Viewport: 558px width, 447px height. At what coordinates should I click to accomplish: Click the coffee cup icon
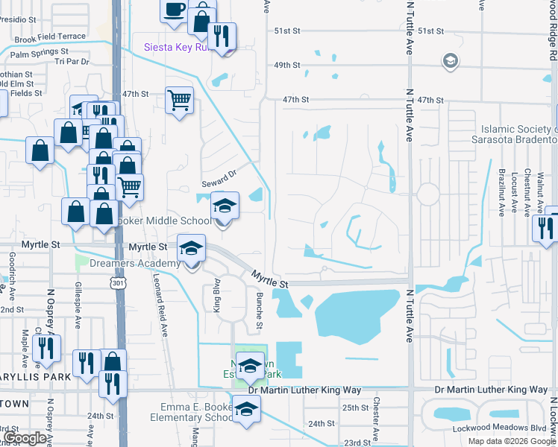pyautogui.click(x=174, y=11)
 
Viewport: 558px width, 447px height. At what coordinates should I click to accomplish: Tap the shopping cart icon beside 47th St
pyautogui.click(x=180, y=99)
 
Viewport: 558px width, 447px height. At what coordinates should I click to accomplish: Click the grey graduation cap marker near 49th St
pyautogui.click(x=450, y=60)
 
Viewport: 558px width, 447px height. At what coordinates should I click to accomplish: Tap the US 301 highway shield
pyautogui.click(x=117, y=283)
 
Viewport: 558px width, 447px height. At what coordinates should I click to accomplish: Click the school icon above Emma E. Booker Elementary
pyautogui.click(x=247, y=408)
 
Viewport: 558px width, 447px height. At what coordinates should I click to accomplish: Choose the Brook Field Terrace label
pyautogui.click(x=50, y=37)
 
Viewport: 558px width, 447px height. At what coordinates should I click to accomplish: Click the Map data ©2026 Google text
pyautogui.click(x=511, y=441)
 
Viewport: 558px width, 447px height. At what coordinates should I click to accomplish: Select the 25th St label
pyautogui.click(x=351, y=408)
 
